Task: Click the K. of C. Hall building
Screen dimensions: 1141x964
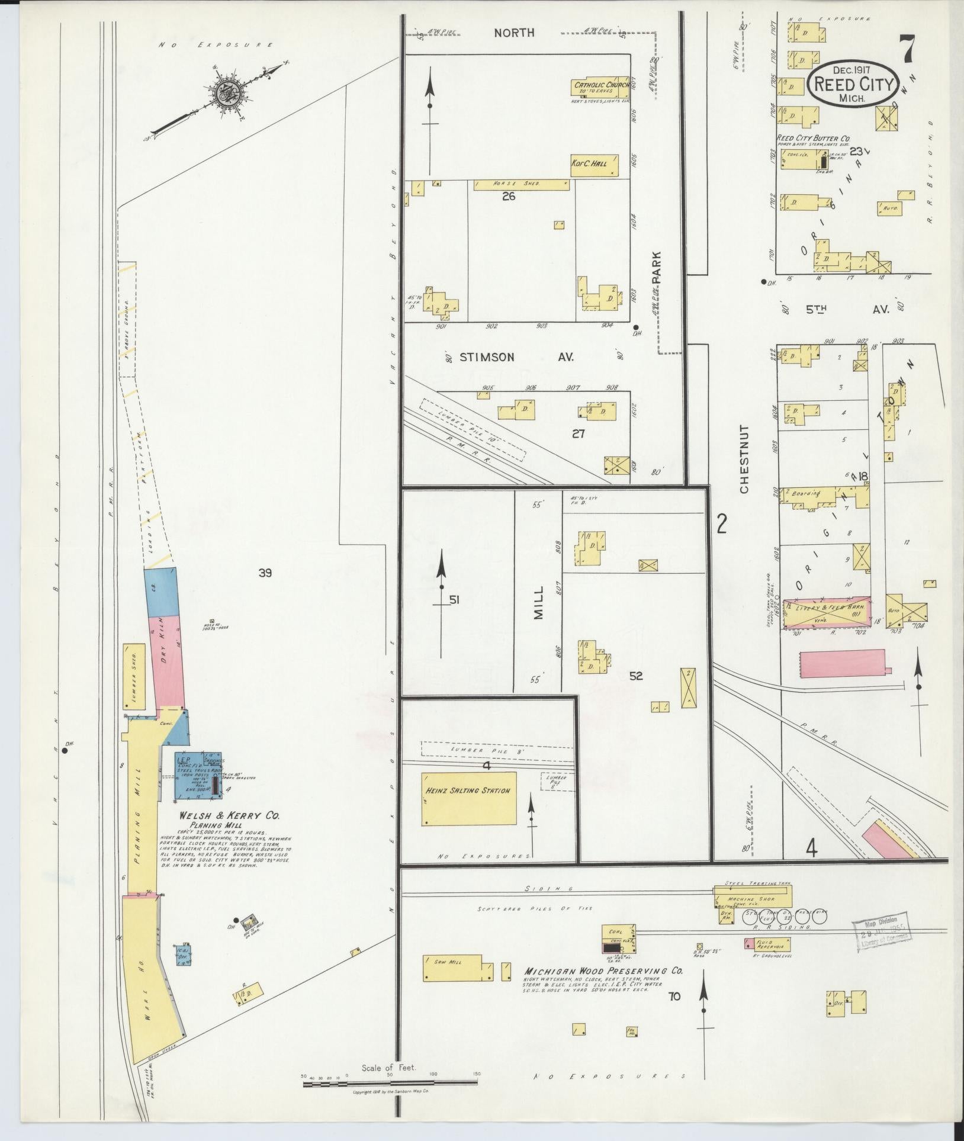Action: point(595,165)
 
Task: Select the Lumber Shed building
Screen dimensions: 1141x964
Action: point(134,676)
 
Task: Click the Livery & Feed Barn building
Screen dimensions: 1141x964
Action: point(827,613)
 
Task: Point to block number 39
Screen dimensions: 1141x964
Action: point(265,572)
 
